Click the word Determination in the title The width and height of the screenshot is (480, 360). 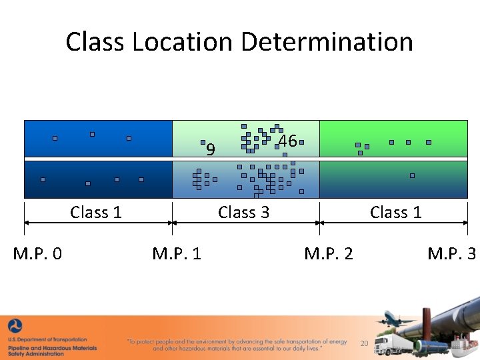coord(326,41)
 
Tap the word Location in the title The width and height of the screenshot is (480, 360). coord(181,41)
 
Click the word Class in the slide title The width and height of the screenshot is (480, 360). coord(95,41)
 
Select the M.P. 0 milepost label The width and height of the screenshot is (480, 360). coord(38,253)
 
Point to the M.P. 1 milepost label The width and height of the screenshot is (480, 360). coord(177,253)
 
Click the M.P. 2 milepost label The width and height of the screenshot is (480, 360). coord(329,253)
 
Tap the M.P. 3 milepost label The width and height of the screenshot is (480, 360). coord(452,253)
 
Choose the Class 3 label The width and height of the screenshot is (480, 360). coord(244,213)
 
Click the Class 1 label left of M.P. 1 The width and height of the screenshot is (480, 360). coord(96,213)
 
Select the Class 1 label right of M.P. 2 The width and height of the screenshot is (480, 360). coord(396,213)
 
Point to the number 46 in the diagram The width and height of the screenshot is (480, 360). coord(287,141)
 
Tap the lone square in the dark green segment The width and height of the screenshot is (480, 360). coord(412,175)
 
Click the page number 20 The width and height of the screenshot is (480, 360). coord(364,343)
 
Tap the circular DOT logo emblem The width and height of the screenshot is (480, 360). coord(14,327)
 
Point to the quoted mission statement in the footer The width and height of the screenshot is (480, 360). coord(237,345)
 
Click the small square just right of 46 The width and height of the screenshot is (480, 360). coord(301,142)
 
